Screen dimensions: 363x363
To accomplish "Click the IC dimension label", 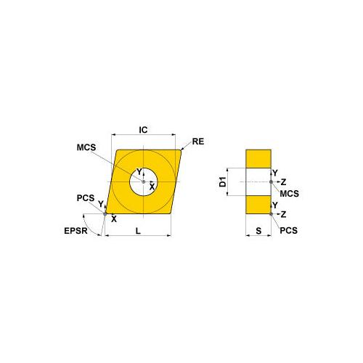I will click(143, 129).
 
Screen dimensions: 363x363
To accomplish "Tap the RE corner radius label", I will click(198, 142).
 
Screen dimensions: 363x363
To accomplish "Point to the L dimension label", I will click(138, 230).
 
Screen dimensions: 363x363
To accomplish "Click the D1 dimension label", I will click(224, 181).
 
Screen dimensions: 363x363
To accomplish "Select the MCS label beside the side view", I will click(290, 194).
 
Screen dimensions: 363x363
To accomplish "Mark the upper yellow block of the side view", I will click(258, 160).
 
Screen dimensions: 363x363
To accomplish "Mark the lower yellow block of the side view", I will click(258, 204).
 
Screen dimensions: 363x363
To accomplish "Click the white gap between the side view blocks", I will click(258, 181).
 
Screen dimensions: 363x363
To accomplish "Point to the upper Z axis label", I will click(284, 181).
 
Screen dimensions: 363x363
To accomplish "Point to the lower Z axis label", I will click(284, 214).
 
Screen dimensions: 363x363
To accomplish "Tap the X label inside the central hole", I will click(151, 187).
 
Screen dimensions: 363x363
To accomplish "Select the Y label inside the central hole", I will click(139, 172).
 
